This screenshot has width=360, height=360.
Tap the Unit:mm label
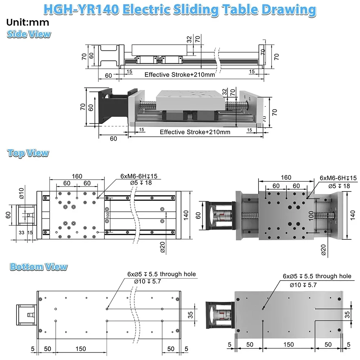[28, 22]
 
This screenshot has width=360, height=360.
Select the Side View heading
[29, 34]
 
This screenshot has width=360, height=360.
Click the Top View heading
[28, 153]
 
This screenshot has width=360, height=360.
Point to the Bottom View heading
[39, 266]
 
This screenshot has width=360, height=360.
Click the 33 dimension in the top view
[22, 233]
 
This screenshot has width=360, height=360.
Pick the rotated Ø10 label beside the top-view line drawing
[21, 193]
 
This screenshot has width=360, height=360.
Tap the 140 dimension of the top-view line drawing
[186, 215]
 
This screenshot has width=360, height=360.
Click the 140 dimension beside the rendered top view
[353, 215]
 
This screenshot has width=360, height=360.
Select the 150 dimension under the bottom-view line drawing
[81, 349]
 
